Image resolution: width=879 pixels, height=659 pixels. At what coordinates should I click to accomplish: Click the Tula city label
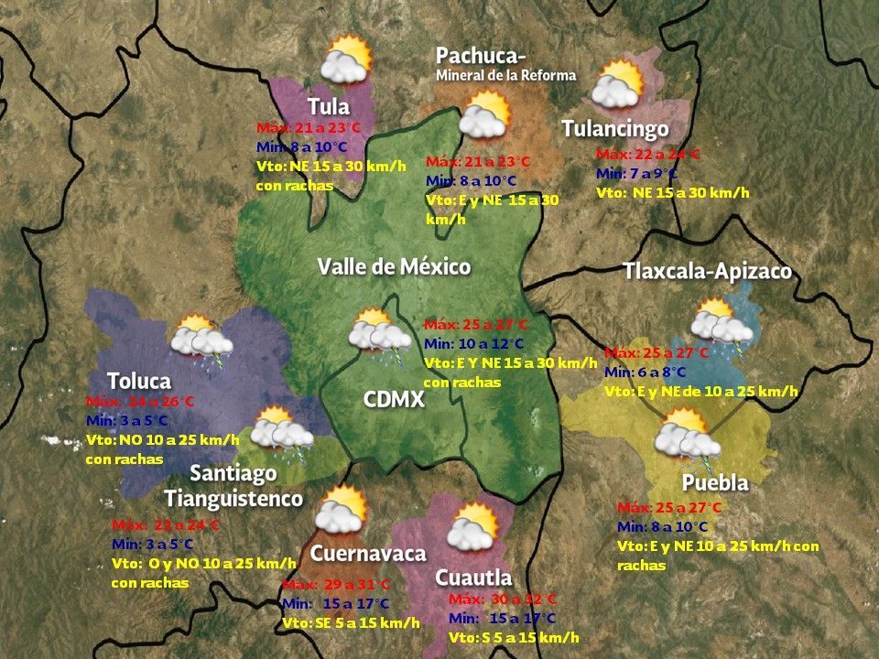[329, 106]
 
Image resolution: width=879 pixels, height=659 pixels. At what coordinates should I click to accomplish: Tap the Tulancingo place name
[614, 129]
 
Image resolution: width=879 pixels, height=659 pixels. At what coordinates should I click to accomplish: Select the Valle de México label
[394, 267]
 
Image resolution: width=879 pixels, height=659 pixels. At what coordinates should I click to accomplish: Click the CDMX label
[393, 400]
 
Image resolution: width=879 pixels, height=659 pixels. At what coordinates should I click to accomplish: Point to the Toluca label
[139, 381]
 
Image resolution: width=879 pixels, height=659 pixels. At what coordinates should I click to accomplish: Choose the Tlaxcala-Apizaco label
[707, 272]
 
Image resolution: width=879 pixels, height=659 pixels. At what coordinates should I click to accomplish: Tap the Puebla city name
[715, 482]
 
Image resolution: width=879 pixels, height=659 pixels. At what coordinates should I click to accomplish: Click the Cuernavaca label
[368, 554]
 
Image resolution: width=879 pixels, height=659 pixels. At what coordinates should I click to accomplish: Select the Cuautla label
[473, 578]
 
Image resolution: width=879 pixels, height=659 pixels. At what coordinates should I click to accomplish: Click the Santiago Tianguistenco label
[233, 486]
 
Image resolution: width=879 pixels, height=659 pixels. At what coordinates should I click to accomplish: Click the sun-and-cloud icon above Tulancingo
[616, 84]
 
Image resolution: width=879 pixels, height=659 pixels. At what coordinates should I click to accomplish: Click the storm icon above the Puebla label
[687, 436]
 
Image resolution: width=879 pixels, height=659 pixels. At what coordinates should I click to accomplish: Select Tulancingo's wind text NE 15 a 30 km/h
[672, 192]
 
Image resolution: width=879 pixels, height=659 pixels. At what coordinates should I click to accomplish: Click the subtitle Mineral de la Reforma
[505, 75]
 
